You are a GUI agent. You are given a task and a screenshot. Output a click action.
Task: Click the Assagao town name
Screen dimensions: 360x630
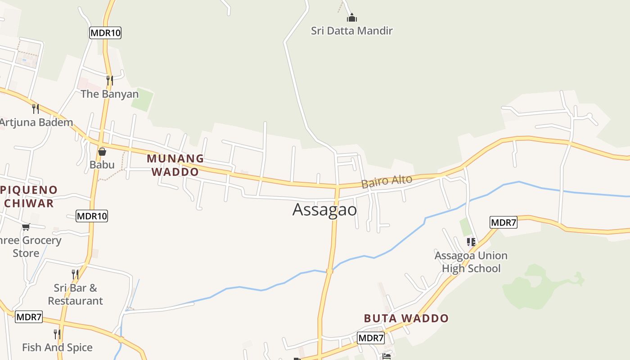(324, 210)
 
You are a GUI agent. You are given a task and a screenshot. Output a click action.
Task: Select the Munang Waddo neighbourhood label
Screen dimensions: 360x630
(175, 165)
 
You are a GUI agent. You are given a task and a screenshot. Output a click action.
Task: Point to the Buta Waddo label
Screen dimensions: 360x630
(406, 319)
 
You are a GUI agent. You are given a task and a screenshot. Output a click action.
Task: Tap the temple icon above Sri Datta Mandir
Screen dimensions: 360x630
(352, 18)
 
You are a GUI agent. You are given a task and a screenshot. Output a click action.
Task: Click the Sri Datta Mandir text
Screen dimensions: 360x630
(352, 31)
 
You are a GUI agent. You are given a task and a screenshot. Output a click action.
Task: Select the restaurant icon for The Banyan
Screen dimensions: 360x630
(109, 81)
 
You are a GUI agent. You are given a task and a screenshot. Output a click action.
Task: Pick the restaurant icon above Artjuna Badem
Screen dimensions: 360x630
(36, 108)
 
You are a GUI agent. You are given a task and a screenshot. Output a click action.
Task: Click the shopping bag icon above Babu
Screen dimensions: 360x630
(102, 152)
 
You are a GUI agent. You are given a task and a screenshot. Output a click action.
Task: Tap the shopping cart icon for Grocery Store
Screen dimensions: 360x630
(26, 227)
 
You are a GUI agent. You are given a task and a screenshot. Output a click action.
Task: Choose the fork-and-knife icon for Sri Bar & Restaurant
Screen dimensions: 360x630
(75, 274)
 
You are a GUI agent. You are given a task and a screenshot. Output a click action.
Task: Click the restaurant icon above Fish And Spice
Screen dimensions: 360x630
(57, 334)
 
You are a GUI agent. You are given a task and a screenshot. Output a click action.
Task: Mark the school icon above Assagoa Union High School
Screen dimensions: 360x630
(471, 242)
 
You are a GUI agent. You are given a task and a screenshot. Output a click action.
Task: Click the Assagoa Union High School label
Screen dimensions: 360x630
(471, 262)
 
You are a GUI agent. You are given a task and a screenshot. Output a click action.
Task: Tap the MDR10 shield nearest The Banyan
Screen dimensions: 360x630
(105, 33)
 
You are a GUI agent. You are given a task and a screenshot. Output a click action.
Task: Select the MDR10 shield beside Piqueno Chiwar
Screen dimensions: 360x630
(92, 216)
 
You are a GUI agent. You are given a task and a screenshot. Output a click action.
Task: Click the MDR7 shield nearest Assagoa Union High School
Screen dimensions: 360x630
(503, 222)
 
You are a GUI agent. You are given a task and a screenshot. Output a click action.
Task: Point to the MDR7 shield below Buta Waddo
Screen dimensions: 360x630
(371, 338)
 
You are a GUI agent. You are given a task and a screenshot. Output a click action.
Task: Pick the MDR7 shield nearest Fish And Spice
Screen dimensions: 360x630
(29, 317)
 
